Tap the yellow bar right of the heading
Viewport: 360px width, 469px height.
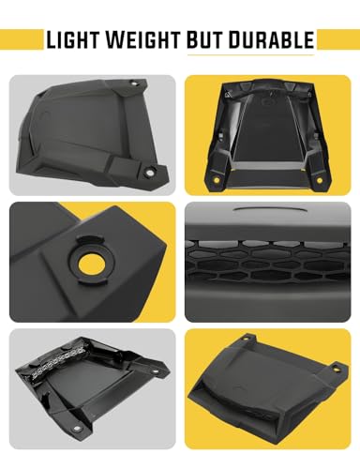[338, 39]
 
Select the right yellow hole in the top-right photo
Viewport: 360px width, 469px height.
[327, 176]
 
